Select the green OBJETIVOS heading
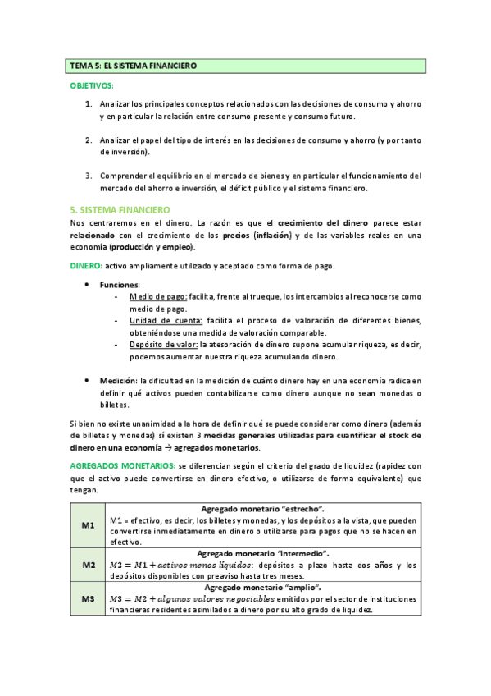pos(93,85)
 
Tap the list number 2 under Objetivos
pos(89,140)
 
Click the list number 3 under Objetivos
pos(89,176)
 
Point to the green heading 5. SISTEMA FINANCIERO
pos(120,210)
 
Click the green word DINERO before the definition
pos(84,265)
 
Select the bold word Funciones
pos(120,284)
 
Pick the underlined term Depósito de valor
pos(163,345)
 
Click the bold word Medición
pos(118,381)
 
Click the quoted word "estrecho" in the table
pos(301,509)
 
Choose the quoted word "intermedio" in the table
pos(302,553)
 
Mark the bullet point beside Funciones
pos(88,284)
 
